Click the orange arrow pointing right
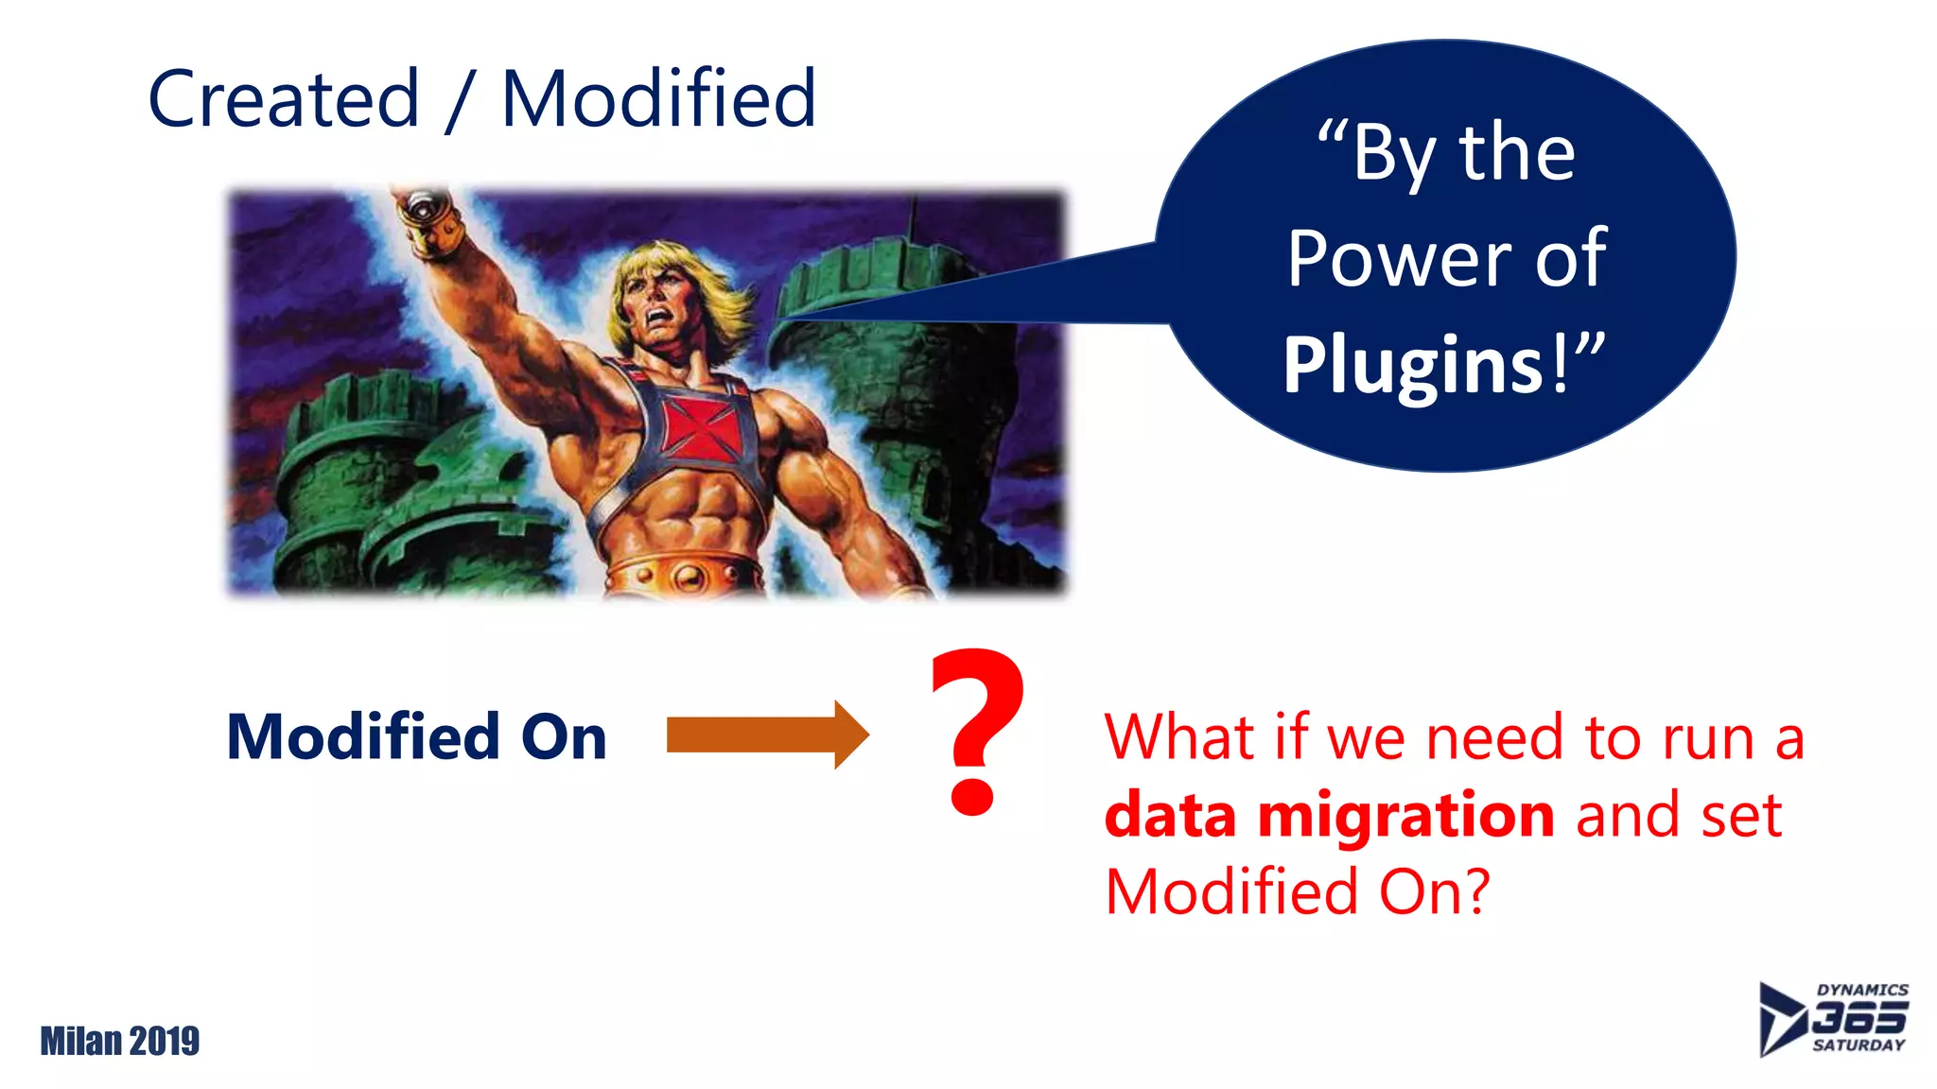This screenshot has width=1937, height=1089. point(766,735)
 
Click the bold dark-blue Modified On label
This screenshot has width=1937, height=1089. point(416,736)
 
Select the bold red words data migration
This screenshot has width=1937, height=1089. point(1329,815)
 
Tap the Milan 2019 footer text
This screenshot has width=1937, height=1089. point(120,1041)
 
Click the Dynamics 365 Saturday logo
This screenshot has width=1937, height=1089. point(1833,1018)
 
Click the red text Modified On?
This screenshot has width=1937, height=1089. point(1297,891)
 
